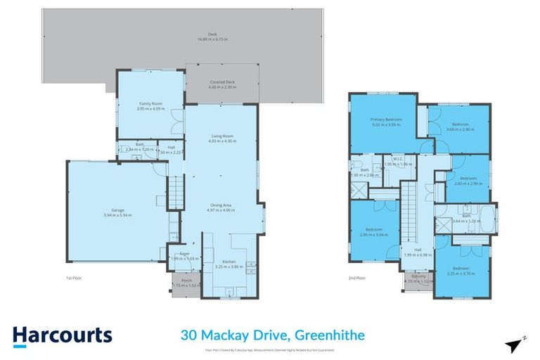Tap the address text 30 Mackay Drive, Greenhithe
tap(272, 335)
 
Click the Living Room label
tap(222, 138)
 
